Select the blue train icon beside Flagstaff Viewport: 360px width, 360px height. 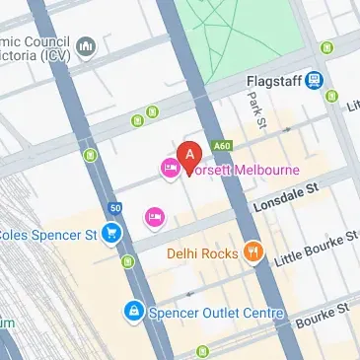(x=314, y=80)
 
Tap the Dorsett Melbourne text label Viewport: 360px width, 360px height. (x=243, y=170)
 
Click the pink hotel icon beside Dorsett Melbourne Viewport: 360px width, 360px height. (x=168, y=171)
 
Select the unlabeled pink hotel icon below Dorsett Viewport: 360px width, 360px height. (x=154, y=216)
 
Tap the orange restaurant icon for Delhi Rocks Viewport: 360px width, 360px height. (x=254, y=252)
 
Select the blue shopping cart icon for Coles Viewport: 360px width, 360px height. (x=112, y=234)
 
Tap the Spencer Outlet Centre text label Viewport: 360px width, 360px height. (x=216, y=314)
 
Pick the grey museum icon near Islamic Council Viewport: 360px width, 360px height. (x=85, y=46)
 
